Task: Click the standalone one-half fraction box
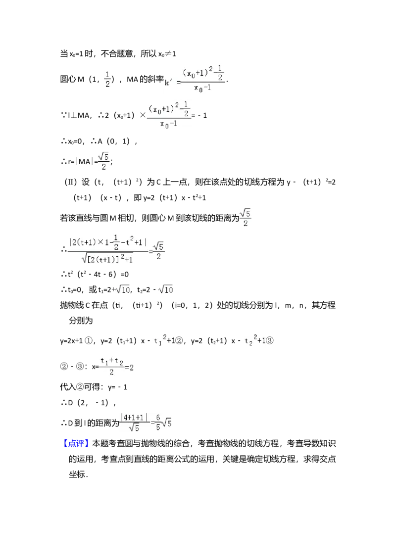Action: click(x=108, y=79)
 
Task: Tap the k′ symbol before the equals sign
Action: click(x=169, y=83)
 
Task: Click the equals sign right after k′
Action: click(x=178, y=83)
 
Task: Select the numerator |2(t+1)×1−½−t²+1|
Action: click(x=108, y=242)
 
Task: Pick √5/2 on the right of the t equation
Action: click(x=158, y=251)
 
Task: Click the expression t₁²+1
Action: click(x=164, y=340)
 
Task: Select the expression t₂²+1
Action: click(x=255, y=340)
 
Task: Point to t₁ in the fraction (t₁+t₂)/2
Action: click(x=103, y=361)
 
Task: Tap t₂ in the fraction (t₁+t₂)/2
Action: click(x=119, y=361)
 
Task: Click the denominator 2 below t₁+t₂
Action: click(x=111, y=373)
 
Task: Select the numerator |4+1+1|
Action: click(x=134, y=417)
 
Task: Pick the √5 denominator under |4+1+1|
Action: click(x=134, y=429)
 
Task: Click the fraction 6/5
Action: click(x=157, y=423)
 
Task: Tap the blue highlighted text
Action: click(x=77, y=442)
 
